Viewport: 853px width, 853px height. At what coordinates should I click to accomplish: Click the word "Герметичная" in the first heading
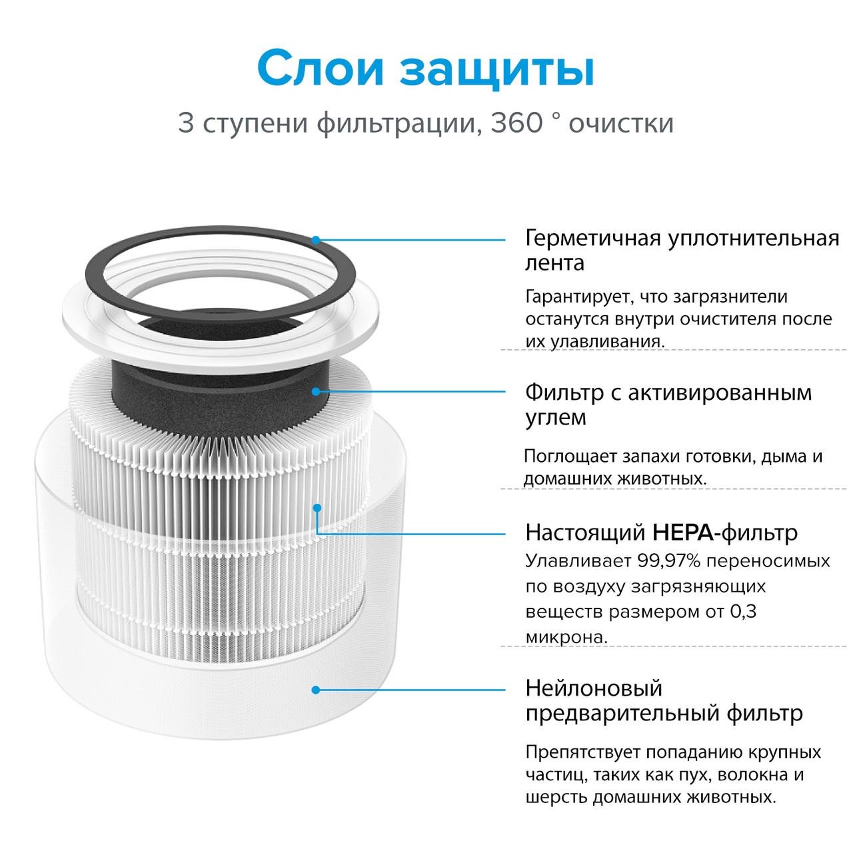[x=593, y=239]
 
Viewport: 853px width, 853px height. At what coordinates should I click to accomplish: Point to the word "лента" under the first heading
[x=554, y=263]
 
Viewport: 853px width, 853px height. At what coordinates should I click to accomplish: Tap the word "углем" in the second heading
[x=555, y=418]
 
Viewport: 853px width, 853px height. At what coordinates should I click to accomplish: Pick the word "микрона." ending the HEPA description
[x=566, y=636]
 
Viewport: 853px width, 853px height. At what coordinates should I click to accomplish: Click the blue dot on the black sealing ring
[x=316, y=240]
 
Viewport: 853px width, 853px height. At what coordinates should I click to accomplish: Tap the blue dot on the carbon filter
[x=316, y=391]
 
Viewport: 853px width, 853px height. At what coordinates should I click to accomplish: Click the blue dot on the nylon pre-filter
[x=316, y=690]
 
